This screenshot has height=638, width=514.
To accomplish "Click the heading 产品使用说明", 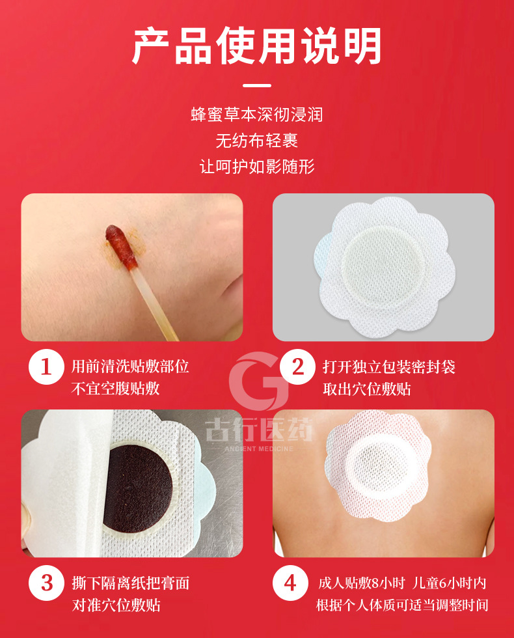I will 257,46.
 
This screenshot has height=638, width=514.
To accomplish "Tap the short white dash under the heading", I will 257,85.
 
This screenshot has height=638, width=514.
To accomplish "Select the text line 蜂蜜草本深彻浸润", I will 257,116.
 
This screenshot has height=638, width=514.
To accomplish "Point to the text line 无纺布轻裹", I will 257,141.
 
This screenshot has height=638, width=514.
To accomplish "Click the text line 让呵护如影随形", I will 257,166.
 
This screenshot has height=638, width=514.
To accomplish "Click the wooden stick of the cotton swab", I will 146,299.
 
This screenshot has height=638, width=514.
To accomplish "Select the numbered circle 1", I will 46,367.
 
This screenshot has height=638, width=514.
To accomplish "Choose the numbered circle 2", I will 297,367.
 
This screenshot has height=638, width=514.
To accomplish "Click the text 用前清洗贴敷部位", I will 130,367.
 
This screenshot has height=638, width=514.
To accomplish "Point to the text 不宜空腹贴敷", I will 115,389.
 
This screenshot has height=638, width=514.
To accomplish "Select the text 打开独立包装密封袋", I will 389,367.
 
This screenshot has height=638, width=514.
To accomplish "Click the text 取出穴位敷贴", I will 367,389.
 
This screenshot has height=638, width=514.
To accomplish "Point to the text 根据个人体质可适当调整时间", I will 402,605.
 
